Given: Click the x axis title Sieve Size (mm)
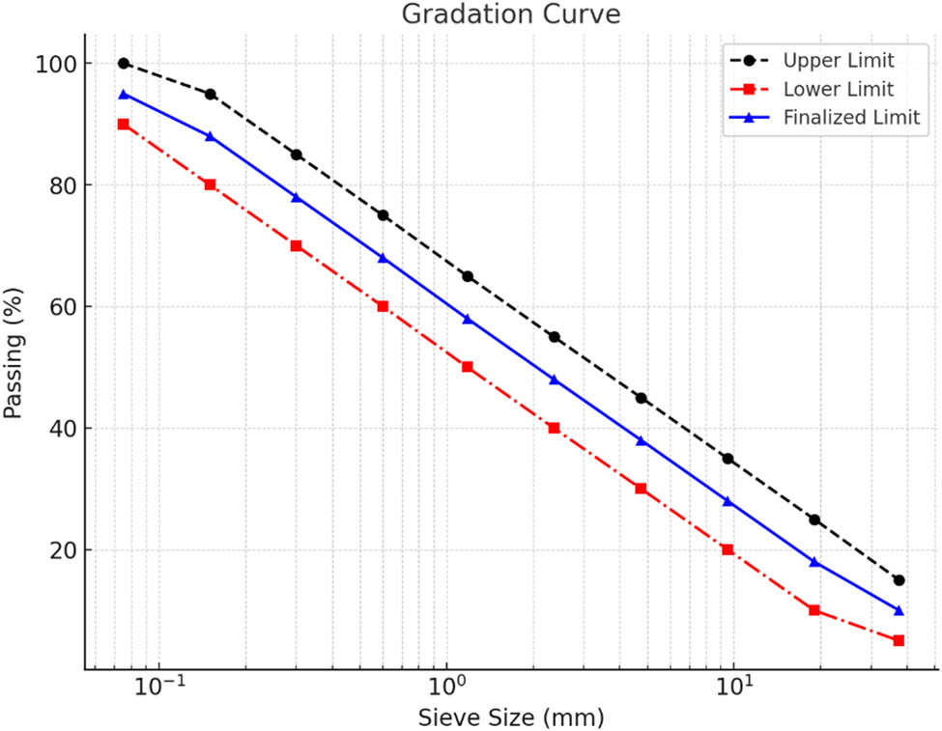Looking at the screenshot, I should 511,717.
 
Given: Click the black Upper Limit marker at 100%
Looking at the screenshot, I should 124,64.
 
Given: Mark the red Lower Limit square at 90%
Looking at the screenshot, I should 124,125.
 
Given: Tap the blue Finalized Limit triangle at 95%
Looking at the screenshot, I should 124,94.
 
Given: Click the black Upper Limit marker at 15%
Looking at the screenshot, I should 899,580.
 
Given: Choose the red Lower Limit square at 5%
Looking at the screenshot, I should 899,640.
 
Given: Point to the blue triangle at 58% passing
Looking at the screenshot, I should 468,319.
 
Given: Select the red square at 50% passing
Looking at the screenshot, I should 468,367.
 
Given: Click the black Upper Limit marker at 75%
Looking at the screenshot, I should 383,215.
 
